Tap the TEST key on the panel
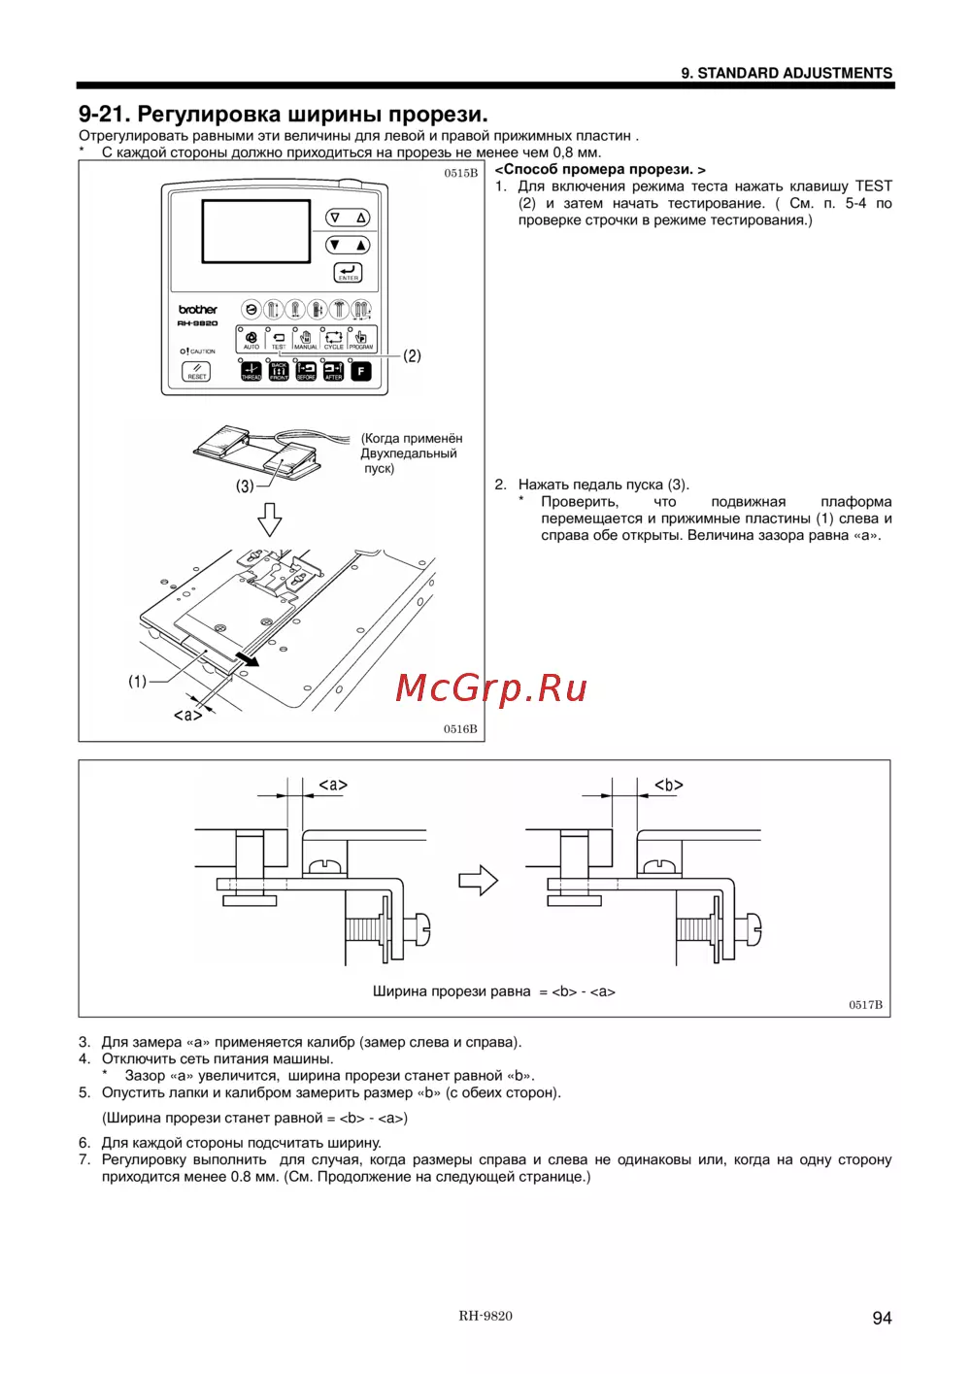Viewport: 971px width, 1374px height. pyautogui.click(x=279, y=339)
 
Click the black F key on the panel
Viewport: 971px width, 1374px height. pyautogui.click(x=361, y=371)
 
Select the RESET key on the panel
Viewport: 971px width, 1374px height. pyautogui.click(x=197, y=371)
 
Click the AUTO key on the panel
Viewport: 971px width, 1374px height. pyautogui.click(x=251, y=339)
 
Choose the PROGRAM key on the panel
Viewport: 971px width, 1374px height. pyautogui.click(x=361, y=339)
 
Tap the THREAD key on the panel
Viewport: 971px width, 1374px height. pyautogui.click(x=251, y=371)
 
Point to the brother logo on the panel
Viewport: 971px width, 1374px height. pyautogui.click(x=198, y=310)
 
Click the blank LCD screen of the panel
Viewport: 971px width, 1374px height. pyautogui.click(x=256, y=231)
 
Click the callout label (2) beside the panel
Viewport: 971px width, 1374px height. pyautogui.click(x=413, y=356)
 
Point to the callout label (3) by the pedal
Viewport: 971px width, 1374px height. pyautogui.click(x=245, y=486)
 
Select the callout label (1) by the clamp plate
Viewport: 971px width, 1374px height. pyautogui.click(x=138, y=682)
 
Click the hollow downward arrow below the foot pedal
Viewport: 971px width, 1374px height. pyautogui.click(x=270, y=519)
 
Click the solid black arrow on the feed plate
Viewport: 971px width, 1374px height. pyautogui.click(x=248, y=659)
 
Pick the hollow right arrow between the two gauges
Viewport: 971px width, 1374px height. pyautogui.click(x=478, y=881)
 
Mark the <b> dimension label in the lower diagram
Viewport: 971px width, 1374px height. pyautogui.click(x=669, y=785)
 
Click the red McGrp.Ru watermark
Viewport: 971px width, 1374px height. pyautogui.click(x=491, y=688)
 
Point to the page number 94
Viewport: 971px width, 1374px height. pyautogui.click(x=882, y=1318)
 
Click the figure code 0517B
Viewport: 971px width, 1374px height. pyautogui.click(x=865, y=1005)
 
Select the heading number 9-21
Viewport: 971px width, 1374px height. pyautogui.click(x=103, y=115)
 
